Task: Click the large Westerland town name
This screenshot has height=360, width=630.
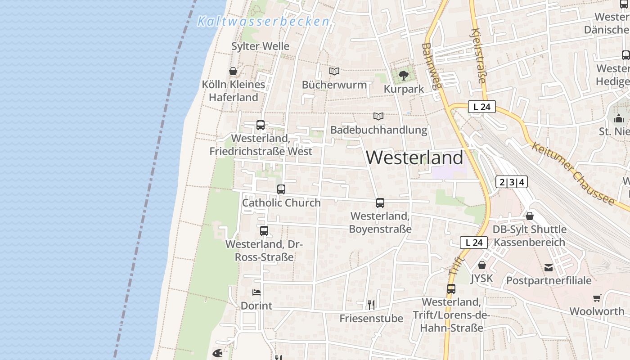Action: click(414, 157)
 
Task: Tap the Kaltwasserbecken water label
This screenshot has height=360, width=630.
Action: click(263, 21)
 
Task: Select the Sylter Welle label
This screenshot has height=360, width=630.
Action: click(260, 46)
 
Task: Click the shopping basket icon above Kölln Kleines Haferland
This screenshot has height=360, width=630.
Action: click(233, 71)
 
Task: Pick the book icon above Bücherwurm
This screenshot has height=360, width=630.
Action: click(334, 71)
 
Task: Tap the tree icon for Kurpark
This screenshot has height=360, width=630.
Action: click(404, 75)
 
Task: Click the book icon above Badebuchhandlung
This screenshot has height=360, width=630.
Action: click(378, 116)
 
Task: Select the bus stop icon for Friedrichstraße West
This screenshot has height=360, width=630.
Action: click(261, 125)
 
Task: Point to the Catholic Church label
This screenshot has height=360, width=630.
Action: click(281, 202)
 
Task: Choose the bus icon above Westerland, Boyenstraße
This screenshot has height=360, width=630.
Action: click(380, 203)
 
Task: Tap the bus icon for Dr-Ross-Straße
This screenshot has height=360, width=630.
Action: click(264, 231)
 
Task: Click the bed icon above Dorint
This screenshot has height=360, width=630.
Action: click(256, 292)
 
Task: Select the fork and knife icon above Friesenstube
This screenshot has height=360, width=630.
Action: click(371, 305)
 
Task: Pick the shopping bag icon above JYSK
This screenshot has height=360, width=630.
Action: click(482, 265)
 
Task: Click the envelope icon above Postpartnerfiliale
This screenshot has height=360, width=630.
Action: click(549, 268)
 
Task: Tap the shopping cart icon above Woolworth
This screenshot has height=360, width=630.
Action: click(597, 298)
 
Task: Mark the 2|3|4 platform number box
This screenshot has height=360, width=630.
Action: click(511, 182)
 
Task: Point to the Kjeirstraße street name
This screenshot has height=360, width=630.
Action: click(478, 56)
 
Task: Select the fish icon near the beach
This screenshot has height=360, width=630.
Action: click(217, 352)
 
